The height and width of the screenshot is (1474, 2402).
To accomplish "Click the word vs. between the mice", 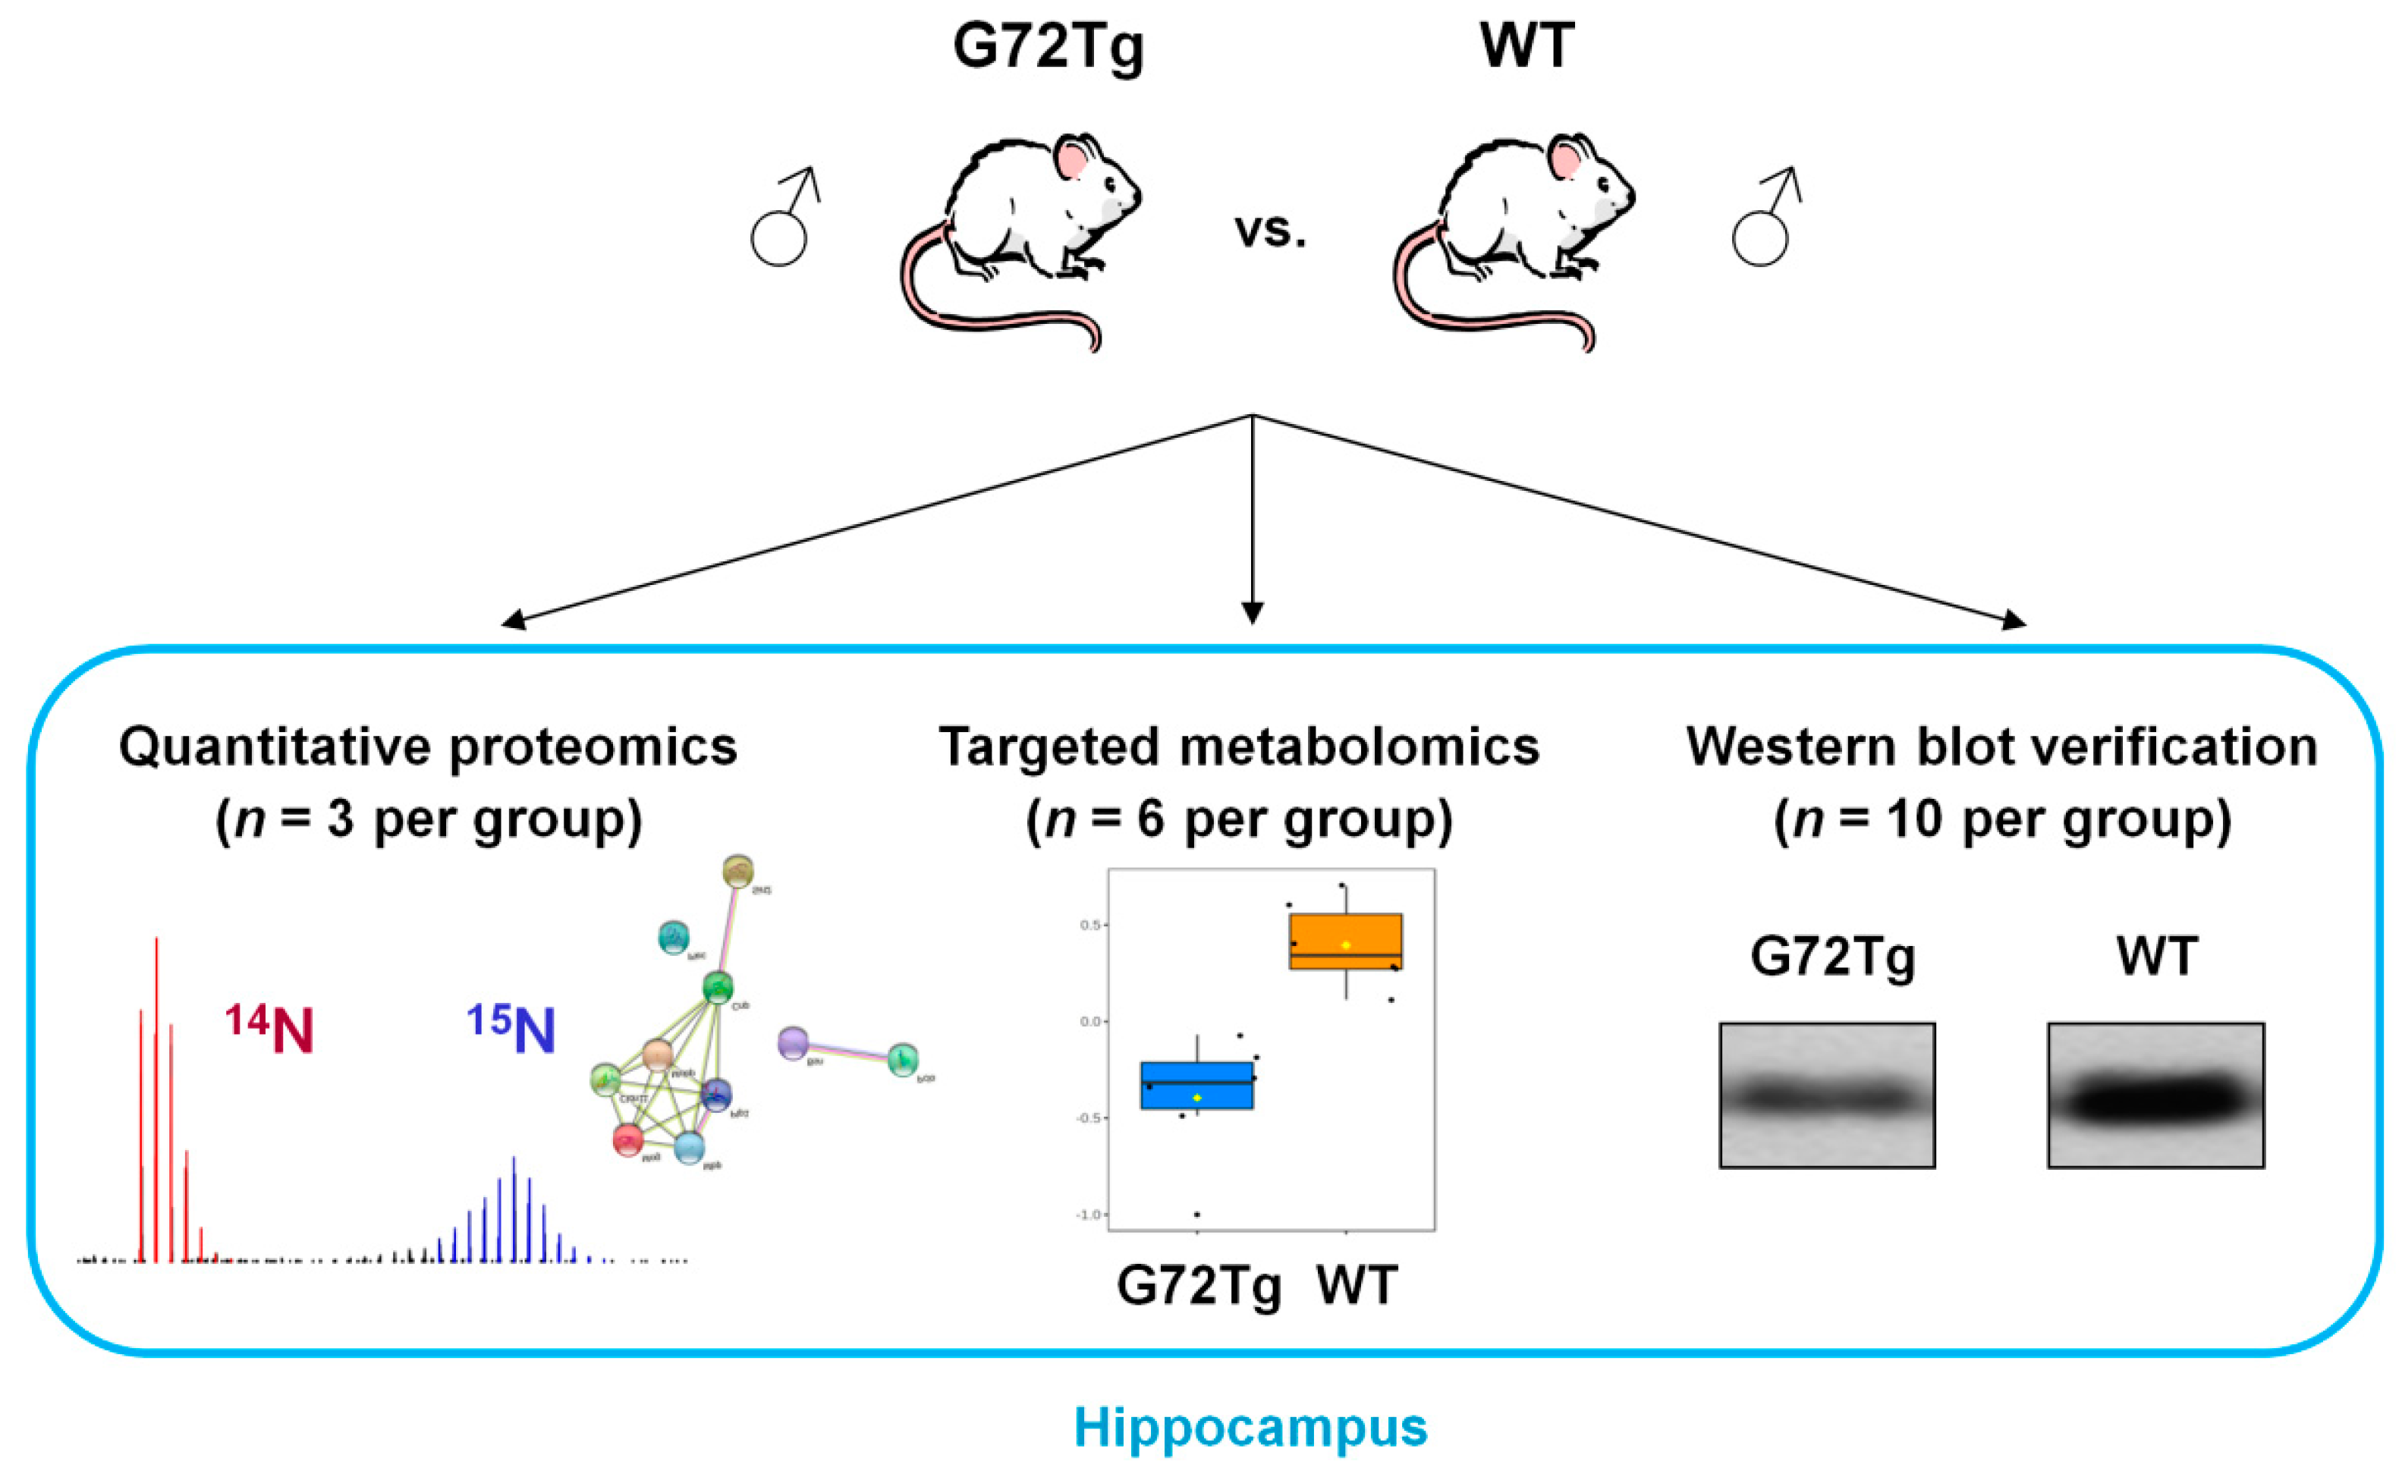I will click(x=1270, y=232).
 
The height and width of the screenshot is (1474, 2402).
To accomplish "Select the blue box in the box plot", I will click(x=1196, y=1085).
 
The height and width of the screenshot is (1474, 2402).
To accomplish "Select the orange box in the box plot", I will click(x=1345, y=941).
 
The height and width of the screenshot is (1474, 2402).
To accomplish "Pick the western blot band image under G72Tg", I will click(x=1827, y=1095).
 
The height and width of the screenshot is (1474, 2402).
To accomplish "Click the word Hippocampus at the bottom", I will click(x=1251, y=1427).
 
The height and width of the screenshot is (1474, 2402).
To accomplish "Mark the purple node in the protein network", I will click(x=794, y=1043).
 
